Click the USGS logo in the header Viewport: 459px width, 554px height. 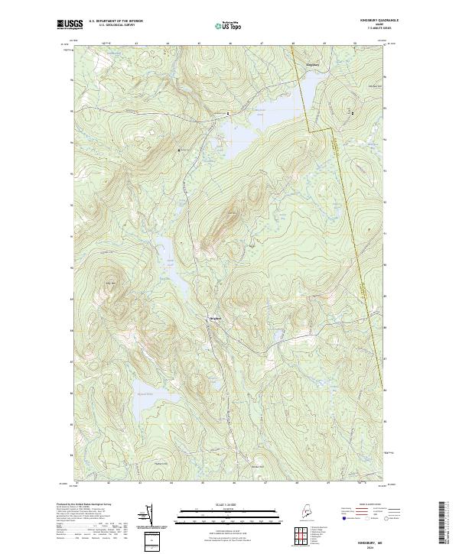click(70, 24)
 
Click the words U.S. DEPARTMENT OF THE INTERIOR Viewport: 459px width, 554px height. click(116, 21)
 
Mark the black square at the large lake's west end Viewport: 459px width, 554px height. click(228, 113)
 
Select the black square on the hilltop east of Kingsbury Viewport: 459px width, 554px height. click(352, 113)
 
